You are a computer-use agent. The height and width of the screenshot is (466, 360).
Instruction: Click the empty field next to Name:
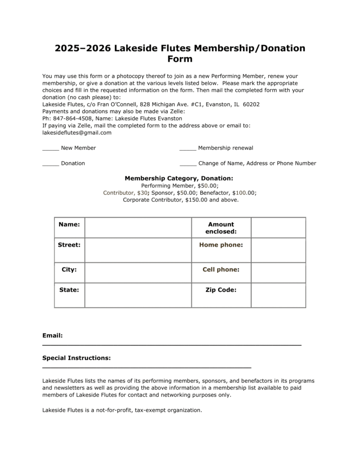[x=138, y=227]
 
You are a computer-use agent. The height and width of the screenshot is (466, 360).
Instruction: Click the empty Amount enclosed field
[x=278, y=227]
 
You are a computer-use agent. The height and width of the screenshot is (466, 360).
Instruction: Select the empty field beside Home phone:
[x=278, y=250]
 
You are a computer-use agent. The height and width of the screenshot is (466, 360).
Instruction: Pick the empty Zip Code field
[x=278, y=295]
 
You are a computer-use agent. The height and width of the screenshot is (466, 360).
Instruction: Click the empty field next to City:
[x=138, y=272]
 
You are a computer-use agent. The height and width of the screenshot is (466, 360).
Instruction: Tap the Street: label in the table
[x=69, y=245]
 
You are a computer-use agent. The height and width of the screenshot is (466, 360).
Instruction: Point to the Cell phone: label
[x=221, y=269]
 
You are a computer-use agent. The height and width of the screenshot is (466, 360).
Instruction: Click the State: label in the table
[x=69, y=290]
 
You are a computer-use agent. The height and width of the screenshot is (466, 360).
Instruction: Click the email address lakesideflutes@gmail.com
[x=77, y=132]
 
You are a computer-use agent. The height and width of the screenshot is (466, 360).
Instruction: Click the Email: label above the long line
[x=53, y=335]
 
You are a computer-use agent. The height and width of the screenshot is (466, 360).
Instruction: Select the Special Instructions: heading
[x=76, y=358]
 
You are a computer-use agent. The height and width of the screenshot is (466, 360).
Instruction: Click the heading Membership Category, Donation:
[x=179, y=178]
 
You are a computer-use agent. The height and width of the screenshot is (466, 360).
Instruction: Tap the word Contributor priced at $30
[x=118, y=192]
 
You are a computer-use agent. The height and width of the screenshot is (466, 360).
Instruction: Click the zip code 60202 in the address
[x=251, y=104]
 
